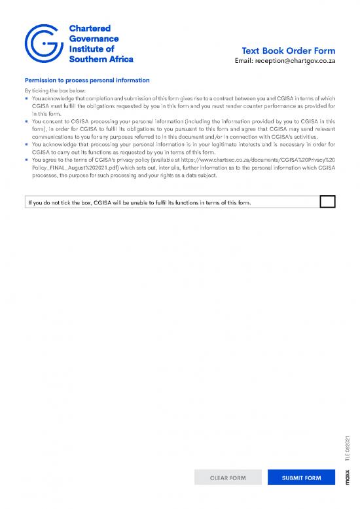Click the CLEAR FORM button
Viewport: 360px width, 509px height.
tap(228, 478)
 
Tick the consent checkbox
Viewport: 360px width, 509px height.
tap(328, 202)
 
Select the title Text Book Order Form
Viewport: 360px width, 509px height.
tap(288, 51)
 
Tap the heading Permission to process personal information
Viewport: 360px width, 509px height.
tap(87, 81)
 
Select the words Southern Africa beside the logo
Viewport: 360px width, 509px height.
tap(101, 59)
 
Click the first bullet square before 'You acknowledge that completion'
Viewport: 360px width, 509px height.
tap(27, 98)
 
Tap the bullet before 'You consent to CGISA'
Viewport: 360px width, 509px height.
tap(27, 121)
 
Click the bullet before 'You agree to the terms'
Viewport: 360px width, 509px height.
tap(27, 160)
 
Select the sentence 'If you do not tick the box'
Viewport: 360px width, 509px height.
tap(139, 202)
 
